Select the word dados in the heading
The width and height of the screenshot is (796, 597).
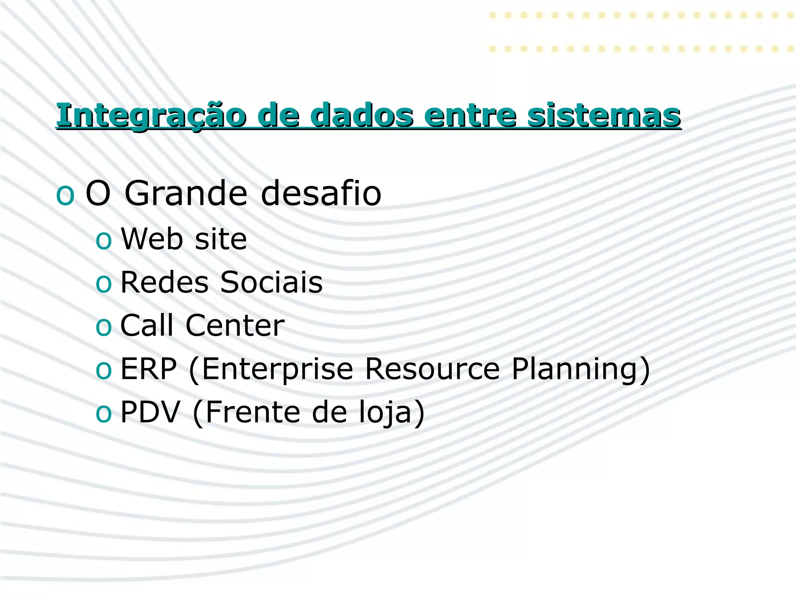pos(361,116)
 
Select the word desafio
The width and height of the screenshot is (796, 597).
pos(321,194)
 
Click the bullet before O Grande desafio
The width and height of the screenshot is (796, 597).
pos(65,196)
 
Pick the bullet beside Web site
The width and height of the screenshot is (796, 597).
pos(103,241)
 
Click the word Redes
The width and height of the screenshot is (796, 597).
pos(164,282)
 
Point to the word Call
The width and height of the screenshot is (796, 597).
pos(147,325)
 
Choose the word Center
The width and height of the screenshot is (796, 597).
pos(235,325)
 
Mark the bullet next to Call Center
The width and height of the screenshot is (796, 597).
pos(103,327)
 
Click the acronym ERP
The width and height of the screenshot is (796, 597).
pos(148,368)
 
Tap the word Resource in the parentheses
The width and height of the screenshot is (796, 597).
pos(432,368)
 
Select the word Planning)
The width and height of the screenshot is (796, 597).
pos(581,369)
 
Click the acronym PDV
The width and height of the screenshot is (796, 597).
pos(150,412)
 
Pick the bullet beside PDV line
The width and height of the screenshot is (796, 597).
pos(103,414)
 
